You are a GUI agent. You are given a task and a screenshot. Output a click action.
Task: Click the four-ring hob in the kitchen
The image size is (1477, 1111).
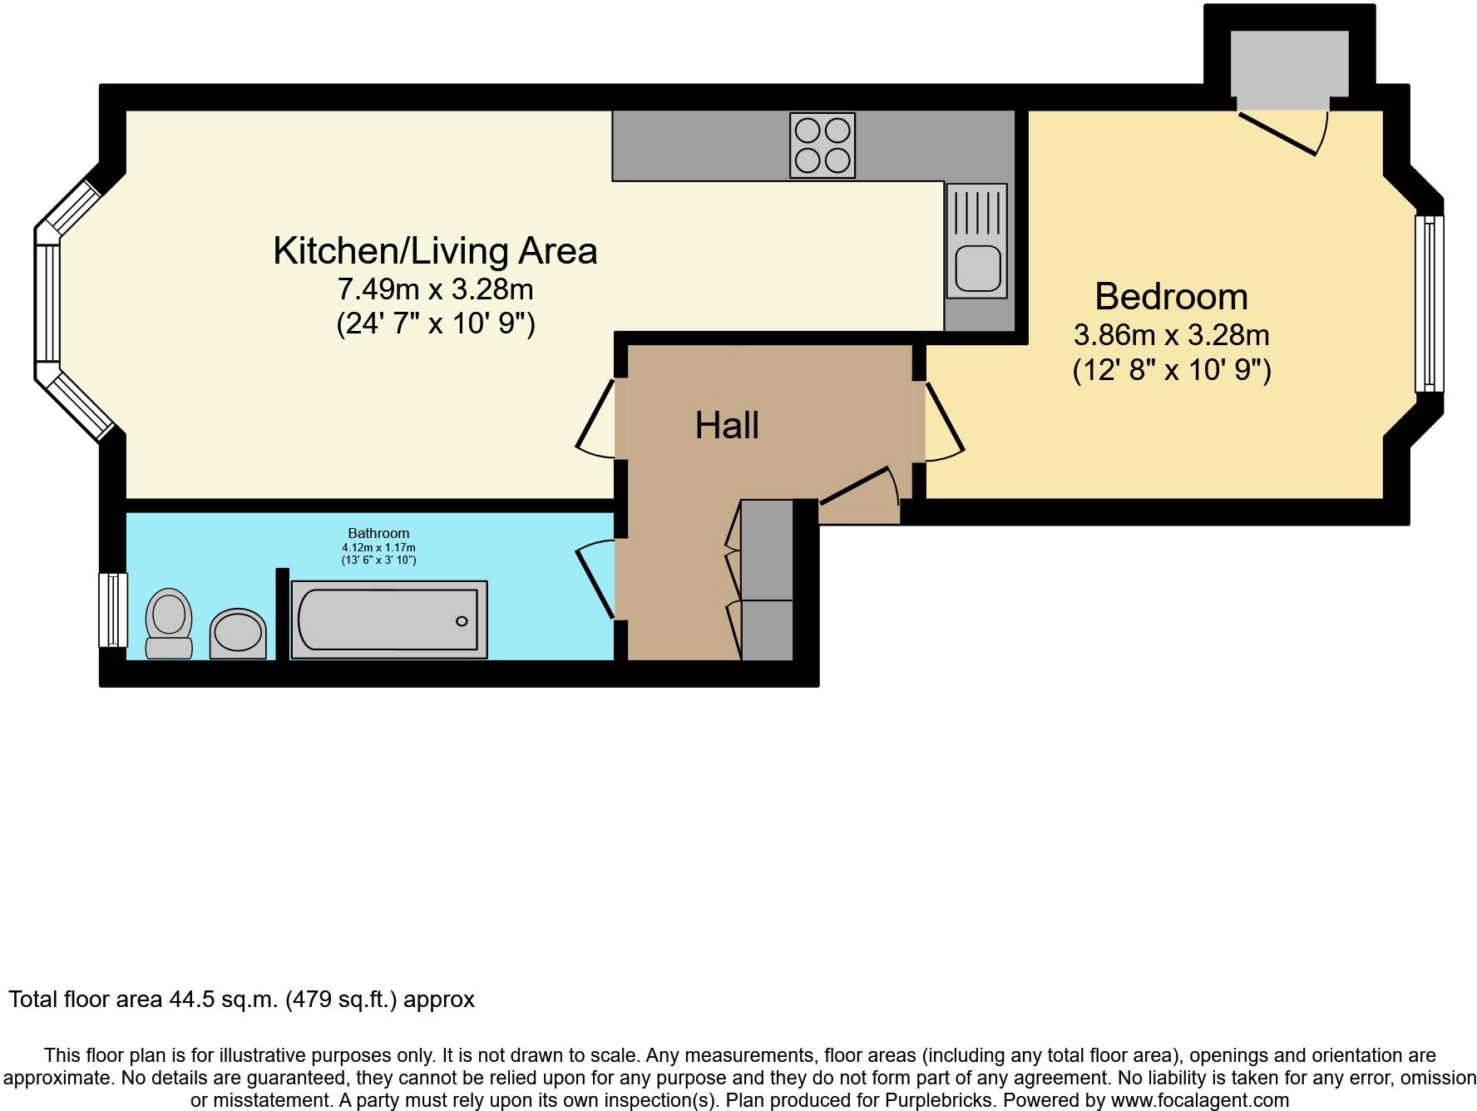click(822, 145)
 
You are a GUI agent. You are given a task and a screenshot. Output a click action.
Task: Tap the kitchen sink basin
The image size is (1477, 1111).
click(976, 266)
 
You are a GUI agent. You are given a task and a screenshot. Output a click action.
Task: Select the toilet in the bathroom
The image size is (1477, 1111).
click(169, 624)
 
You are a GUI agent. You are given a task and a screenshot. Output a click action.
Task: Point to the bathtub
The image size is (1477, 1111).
click(388, 620)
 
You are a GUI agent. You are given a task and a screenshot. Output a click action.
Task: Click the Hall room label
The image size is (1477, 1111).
click(727, 426)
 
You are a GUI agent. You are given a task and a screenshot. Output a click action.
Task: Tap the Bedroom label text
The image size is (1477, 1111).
click(1171, 297)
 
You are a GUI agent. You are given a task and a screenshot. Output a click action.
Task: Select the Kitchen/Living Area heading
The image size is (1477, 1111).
click(435, 251)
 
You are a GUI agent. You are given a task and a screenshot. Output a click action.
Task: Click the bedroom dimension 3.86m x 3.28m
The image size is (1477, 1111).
click(1171, 335)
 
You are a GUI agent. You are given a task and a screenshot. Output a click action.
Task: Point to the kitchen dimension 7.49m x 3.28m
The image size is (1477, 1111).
click(435, 289)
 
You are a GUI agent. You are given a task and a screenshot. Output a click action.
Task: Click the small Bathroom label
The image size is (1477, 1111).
click(378, 533)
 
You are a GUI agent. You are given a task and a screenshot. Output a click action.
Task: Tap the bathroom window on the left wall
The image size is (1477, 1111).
click(112, 610)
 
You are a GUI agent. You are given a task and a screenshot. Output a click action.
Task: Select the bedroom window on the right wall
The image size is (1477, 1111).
click(1430, 304)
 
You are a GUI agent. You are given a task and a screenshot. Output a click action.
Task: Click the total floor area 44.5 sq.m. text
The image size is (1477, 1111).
click(241, 999)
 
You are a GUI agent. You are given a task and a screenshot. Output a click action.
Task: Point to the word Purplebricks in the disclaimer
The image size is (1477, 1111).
click(938, 1100)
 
